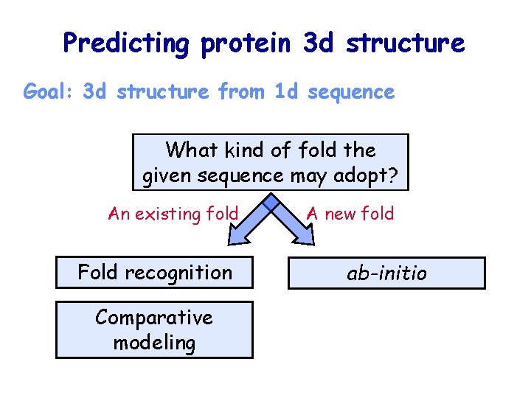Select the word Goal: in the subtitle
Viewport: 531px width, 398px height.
pyautogui.click(x=50, y=92)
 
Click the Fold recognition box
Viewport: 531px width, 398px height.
pyautogui.click(x=155, y=273)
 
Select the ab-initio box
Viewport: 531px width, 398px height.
pyautogui.click(x=386, y=273)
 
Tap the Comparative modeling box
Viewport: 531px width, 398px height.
pyautogui.click(x=154, y=329)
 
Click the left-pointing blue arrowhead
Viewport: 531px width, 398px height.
pyautogui.click(x=239, y=233)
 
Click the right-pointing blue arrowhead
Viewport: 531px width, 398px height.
pyautogui.click(x=303, y=233)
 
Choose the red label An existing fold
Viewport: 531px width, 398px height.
pyautogui.click(x=173, y=214)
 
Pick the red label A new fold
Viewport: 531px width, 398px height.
pyautogui.click(x=350, y=214)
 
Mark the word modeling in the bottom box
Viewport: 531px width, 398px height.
pyautogui.click(x=154, y=343)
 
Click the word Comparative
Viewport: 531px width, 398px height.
pyautogui.click(x=154, y=318)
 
